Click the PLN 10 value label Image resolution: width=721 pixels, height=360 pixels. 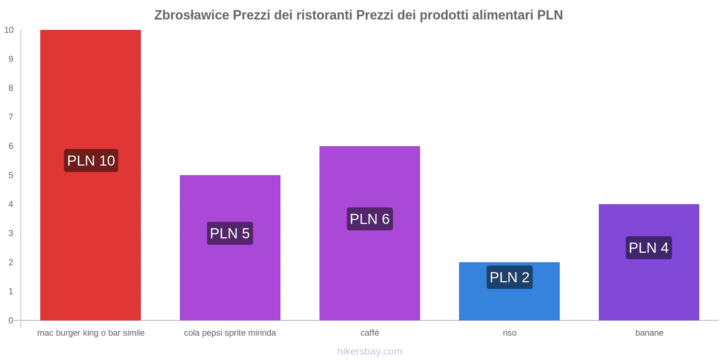tap(91, 161)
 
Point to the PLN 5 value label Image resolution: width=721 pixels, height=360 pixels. tap(230, 233)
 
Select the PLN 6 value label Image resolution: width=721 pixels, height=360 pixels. tap(370, 219)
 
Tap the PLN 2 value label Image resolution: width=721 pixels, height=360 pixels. tap(510, 277)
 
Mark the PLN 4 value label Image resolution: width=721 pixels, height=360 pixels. tap(649, 247)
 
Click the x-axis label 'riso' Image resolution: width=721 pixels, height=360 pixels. tap(510, 333)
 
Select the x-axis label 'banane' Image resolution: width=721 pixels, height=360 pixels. tap(649, 333)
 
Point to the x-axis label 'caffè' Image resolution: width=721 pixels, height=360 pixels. tap(370, 333)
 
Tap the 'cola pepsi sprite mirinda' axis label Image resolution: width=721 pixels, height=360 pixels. tap(230, 333)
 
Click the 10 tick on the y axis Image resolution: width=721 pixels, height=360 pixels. tap(9, 30)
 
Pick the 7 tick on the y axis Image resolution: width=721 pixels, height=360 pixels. tap(11, 117)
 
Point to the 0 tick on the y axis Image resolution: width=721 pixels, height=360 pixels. tap(11, 320)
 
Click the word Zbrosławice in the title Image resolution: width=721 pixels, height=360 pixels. tap(192, 15)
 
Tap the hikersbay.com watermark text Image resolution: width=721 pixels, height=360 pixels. tap(370, 351)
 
